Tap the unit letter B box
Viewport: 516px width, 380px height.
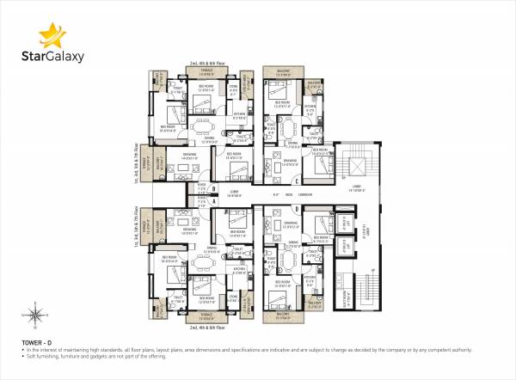pyautogui.click(x=201, y=188)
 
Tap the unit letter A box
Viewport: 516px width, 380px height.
pyautogui.click(x=201, y=201)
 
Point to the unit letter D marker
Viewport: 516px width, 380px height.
pyautogui.click(x=296, y=207)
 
